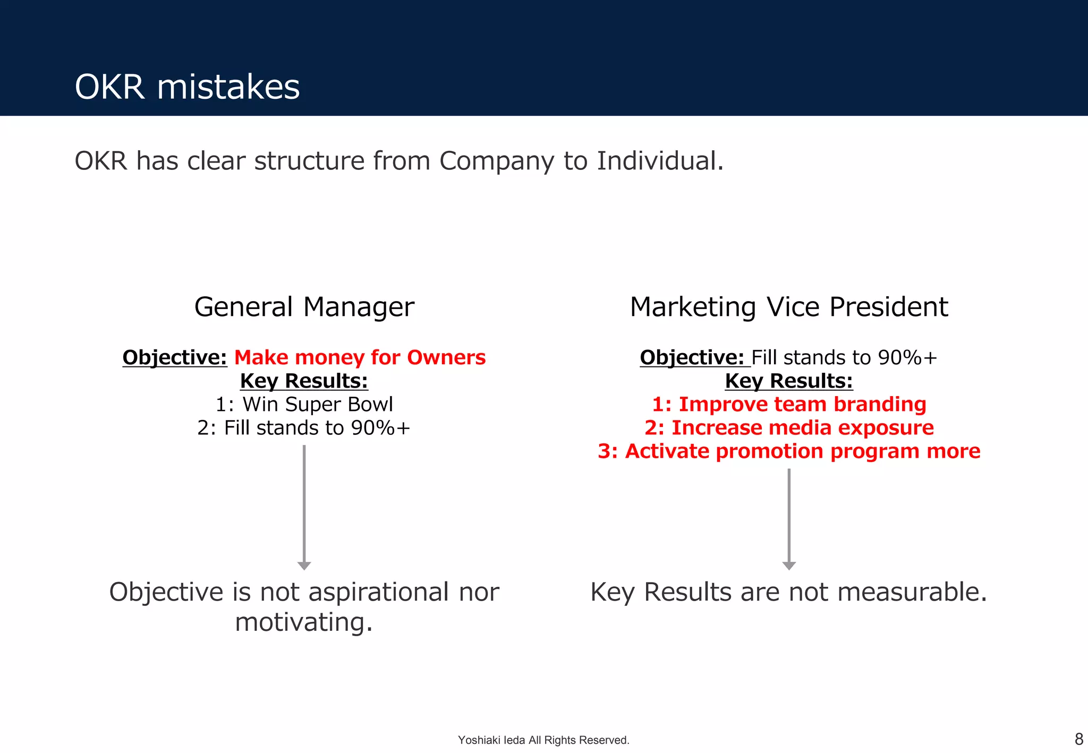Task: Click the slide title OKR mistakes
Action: point(187,87)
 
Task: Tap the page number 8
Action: point(1078,739)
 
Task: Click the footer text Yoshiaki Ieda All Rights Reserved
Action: point(543,740)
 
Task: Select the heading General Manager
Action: point(304,307)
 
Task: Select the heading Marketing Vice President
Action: point(788,307)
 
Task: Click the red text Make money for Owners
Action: point(360,357)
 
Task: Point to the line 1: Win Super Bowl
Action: point(304,405)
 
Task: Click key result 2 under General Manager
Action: point(304,428)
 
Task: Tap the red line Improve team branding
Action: point(788,405)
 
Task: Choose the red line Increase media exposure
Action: point(788,428)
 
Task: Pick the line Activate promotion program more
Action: point(788,451)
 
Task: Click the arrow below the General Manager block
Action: point(304,507)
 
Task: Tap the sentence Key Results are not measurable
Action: point(788,592)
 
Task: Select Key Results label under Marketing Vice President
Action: point(788,381)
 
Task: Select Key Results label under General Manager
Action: point(304,381)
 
